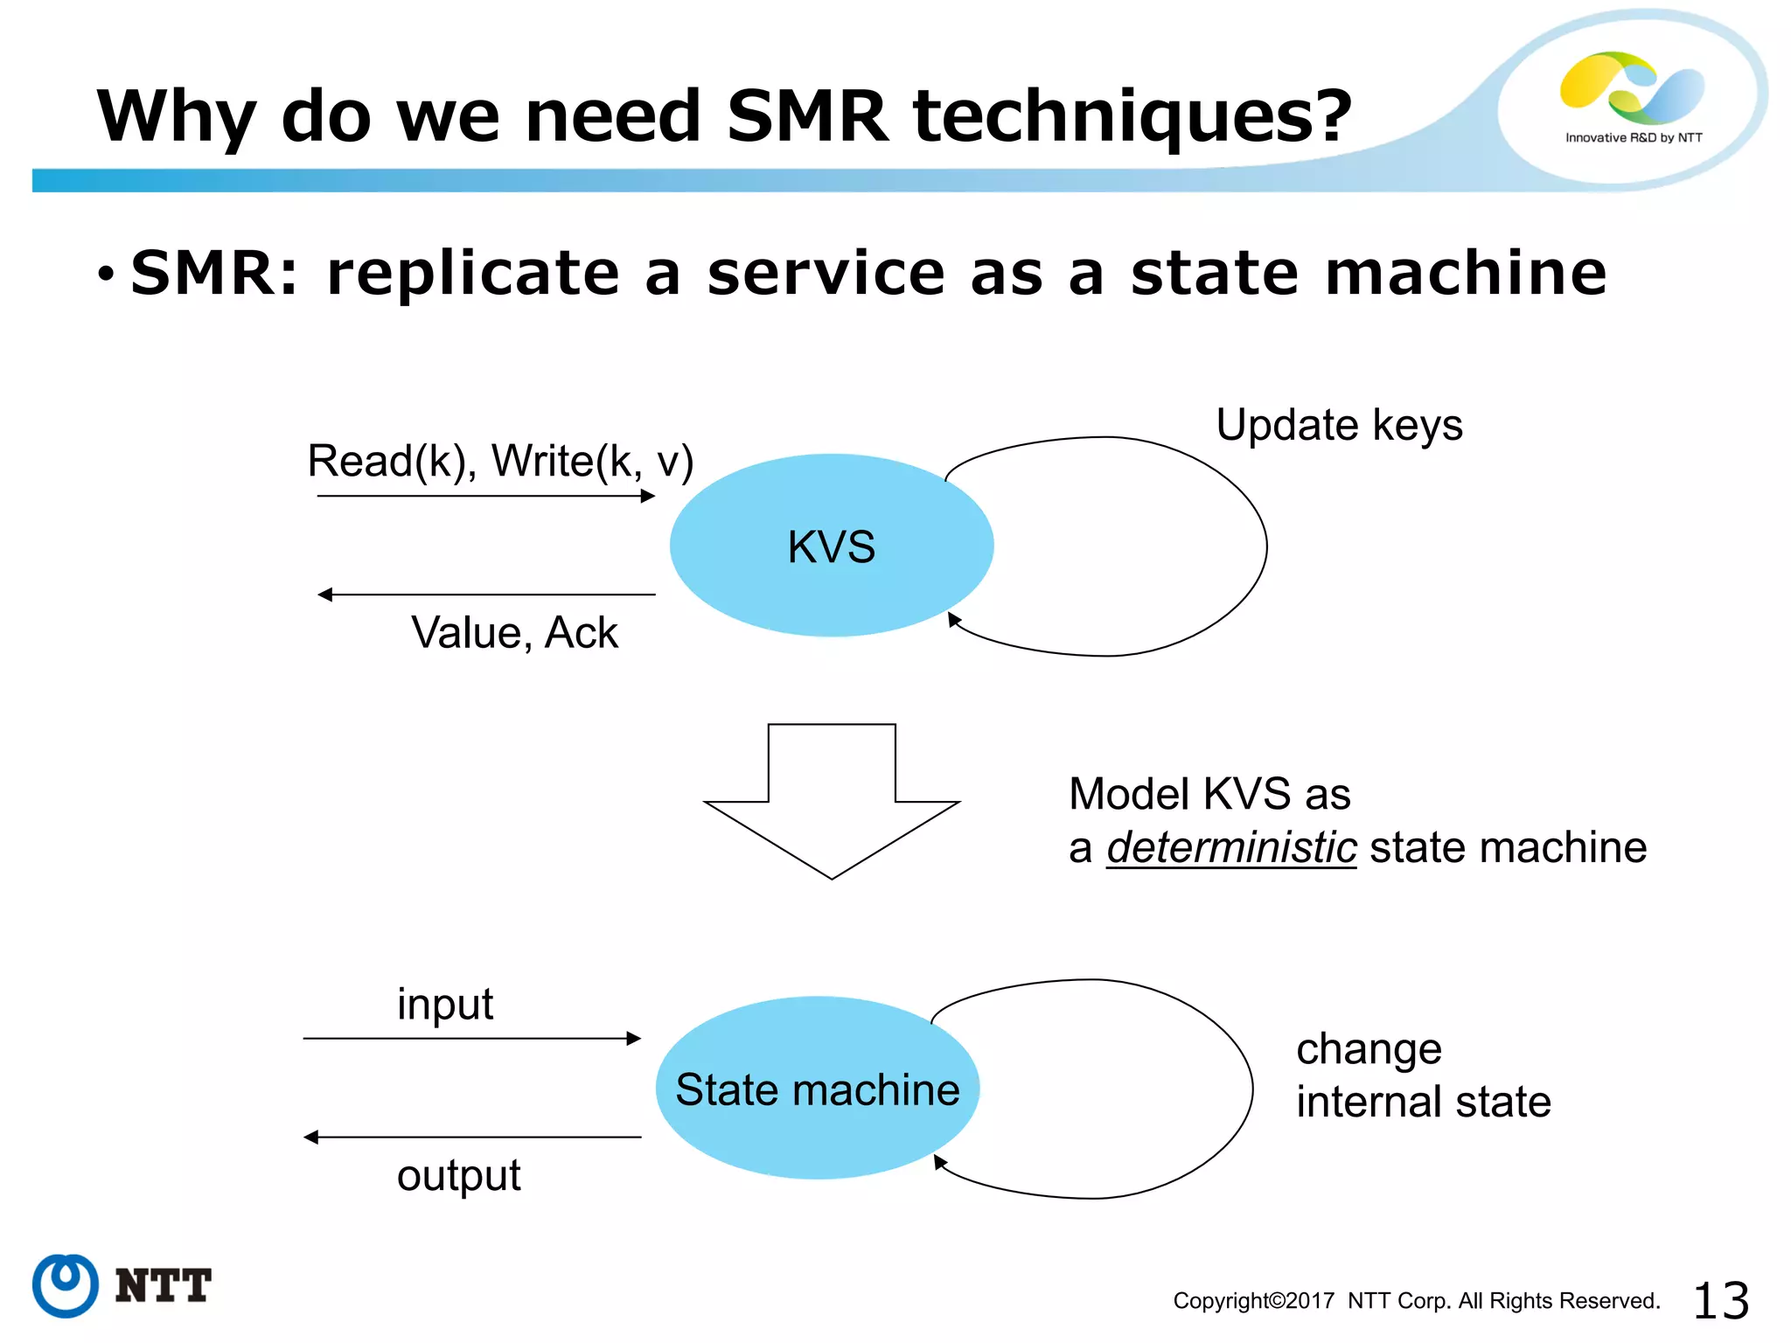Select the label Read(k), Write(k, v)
point(500,461)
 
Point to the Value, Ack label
point(514,632)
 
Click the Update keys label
point(1339,426)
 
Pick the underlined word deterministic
point(1231,847)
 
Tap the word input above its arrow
point(444,1004)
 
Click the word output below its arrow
point(458,1175)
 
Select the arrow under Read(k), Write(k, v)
point(486,497)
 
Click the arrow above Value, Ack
point(486,595)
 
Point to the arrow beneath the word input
point(472,1039)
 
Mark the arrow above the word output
point(472,1138)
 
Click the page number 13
point(1720,1301)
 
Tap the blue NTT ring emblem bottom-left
point(65,1285)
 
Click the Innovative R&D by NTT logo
point(1632,96)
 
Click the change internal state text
point(1423,1075)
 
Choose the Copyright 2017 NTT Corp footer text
point(1416,1301)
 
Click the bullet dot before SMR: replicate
point(106,275)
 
